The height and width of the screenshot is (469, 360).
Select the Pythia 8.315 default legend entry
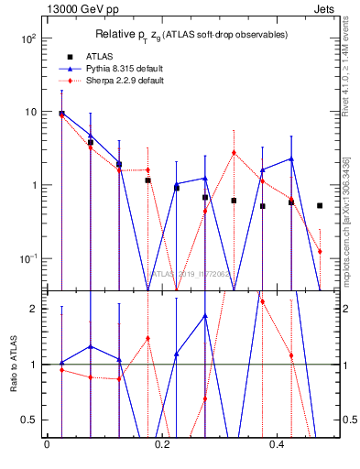point(109,68)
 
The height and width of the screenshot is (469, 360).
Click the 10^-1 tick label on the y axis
point(24,258)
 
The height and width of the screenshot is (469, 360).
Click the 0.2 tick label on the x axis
point(162,445)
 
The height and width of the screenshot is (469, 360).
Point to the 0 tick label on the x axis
point(47,445)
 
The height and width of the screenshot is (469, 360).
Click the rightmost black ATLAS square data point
point(320,206)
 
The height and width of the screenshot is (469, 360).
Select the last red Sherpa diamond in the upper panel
point(320,251)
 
